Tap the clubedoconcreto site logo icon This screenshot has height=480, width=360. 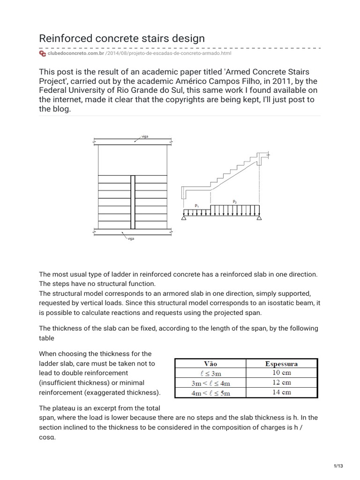(42, 54)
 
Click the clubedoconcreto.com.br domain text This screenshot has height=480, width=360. (75, 54)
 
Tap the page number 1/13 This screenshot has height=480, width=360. (338, 465)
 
